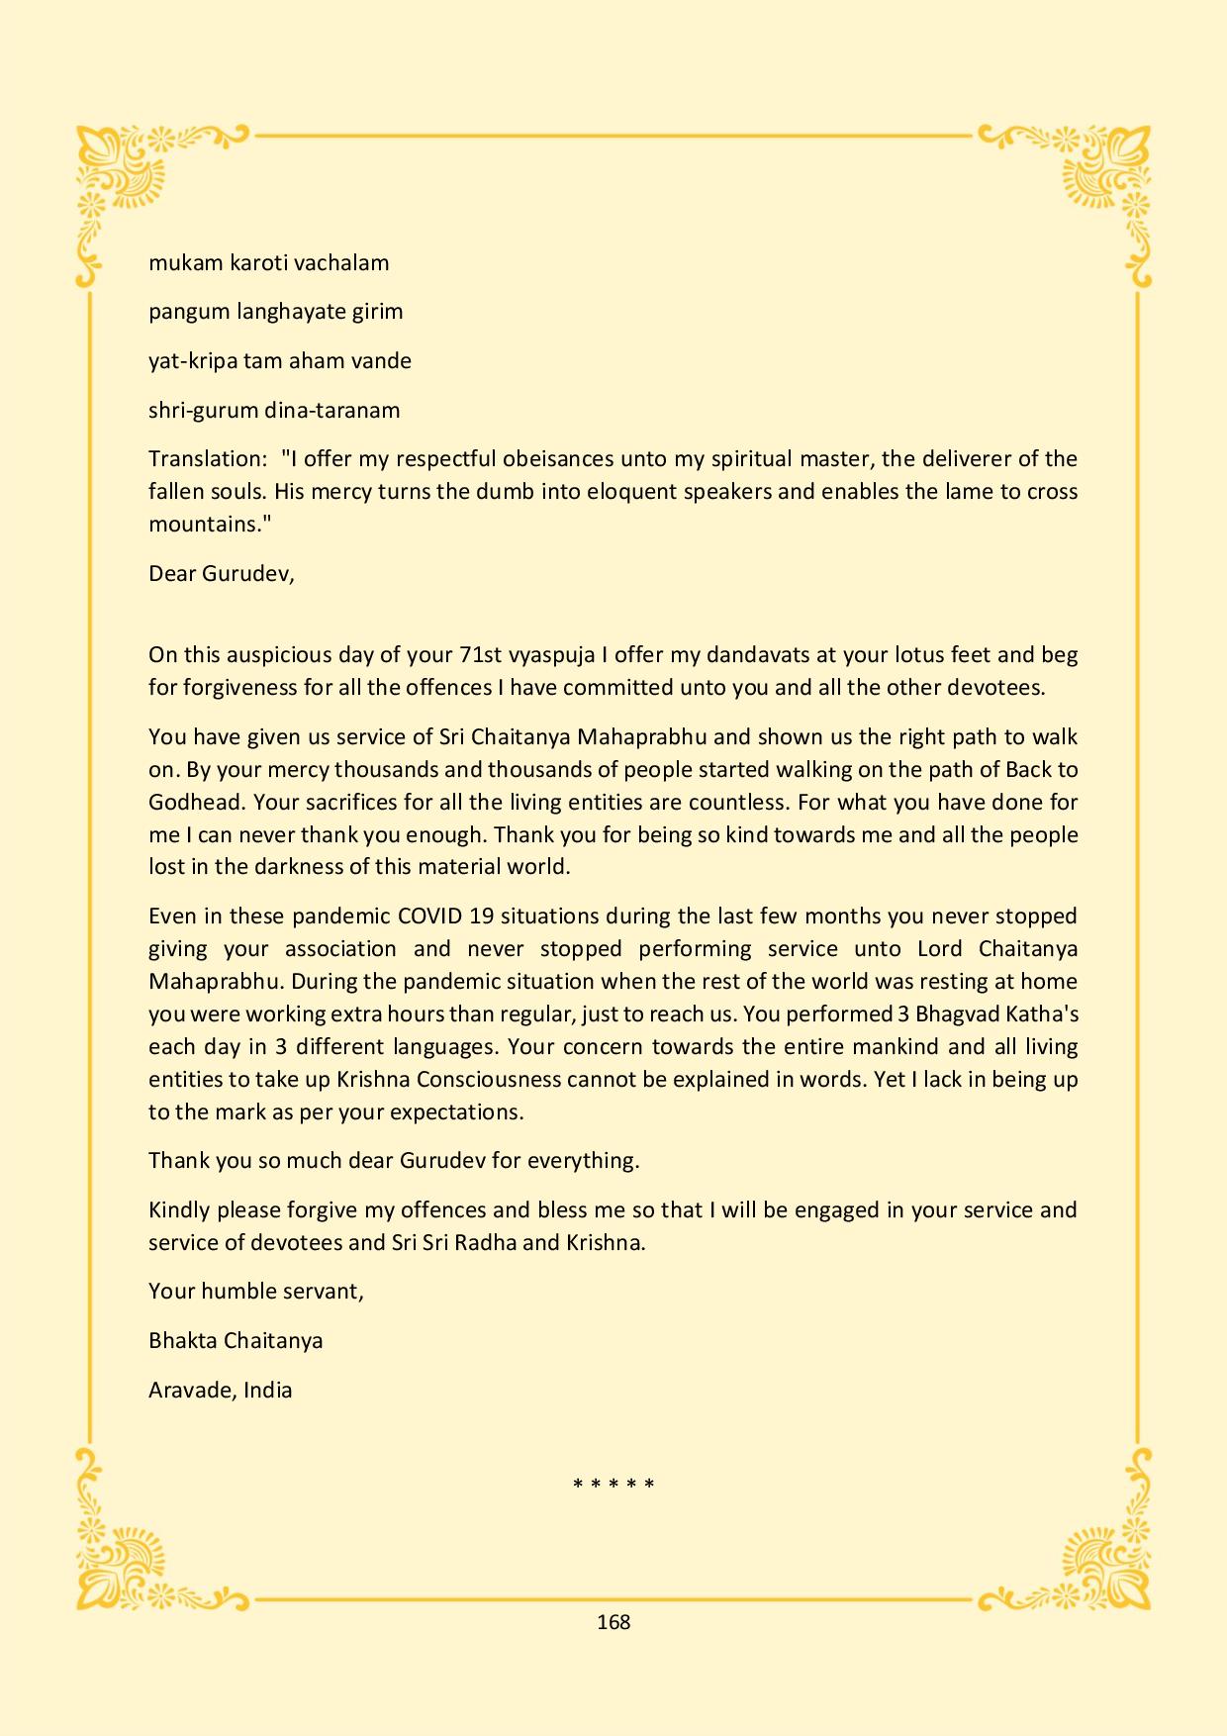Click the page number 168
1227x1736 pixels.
pyautogui.click(x=613, y=1622)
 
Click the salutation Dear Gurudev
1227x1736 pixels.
pyautogui.click(x=221, y=573)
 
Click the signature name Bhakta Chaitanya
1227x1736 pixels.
pyautogui.click(x=236, y=1341)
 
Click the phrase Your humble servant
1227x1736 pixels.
pyautogui.click(x=255, y=1292)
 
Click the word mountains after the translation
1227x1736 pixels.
pyautogui.click(x=203, y=525)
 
